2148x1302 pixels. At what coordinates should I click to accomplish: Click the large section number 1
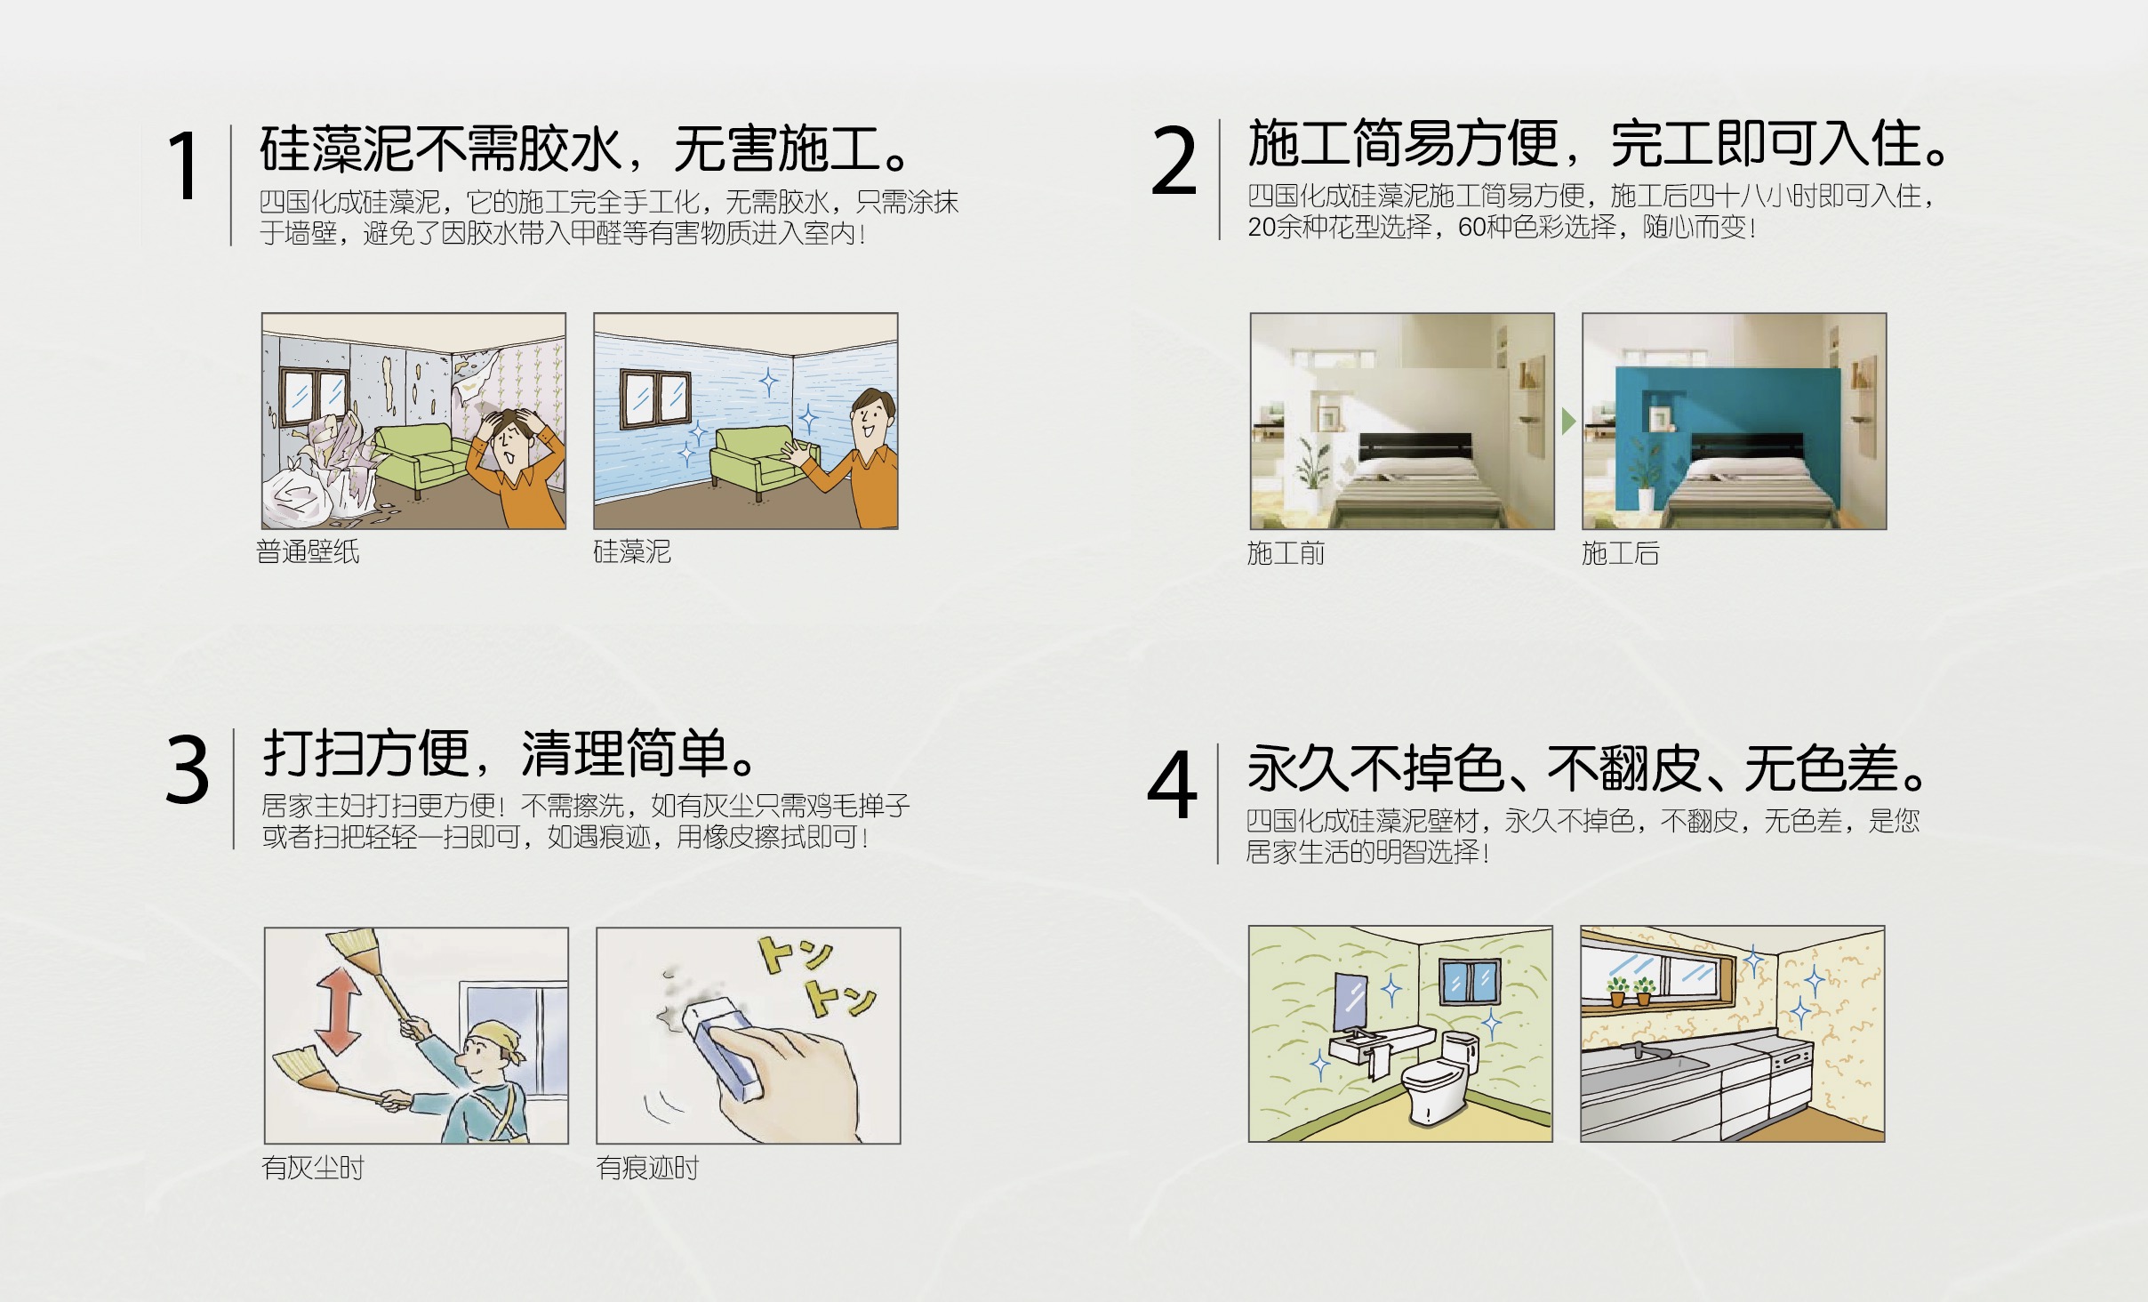185,165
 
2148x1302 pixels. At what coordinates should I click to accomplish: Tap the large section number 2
1174,160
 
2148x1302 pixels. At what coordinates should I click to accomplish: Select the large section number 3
188,769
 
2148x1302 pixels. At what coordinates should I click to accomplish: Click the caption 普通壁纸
308,552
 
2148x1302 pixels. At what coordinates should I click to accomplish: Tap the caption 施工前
1286,553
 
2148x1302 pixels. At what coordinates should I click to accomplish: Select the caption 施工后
1620,553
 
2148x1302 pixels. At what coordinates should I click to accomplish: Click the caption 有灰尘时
313,1168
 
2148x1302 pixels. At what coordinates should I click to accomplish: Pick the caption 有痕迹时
647,1168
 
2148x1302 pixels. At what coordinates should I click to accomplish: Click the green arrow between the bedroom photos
1568,422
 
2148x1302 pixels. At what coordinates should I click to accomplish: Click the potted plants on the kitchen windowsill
1631,992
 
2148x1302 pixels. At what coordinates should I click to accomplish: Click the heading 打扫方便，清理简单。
510,754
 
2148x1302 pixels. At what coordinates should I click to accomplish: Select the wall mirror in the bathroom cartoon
1352,1003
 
